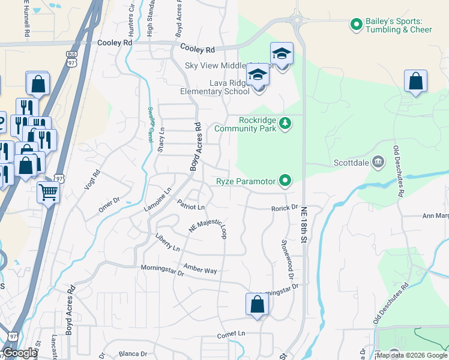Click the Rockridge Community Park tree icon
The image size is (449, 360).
click(286, 124)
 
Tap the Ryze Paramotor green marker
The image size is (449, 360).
click(286, 181)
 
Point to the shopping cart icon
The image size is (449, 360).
click(49, 193)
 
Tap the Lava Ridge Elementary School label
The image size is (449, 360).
click(215, 88)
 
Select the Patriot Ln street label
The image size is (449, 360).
click(191, 206)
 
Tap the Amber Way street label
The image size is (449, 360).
click(200, 269)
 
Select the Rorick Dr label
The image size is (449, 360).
click(284, 208)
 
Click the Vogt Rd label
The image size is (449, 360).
click(92, 178)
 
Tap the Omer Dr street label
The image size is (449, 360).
click(109, 204)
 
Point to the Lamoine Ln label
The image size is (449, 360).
click(158, 199)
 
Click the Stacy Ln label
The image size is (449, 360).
click(161, 139)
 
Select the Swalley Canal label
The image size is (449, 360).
click(150, 124)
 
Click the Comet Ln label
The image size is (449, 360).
click(232, 334)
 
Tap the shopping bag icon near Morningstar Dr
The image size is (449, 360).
click(256, 304)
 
